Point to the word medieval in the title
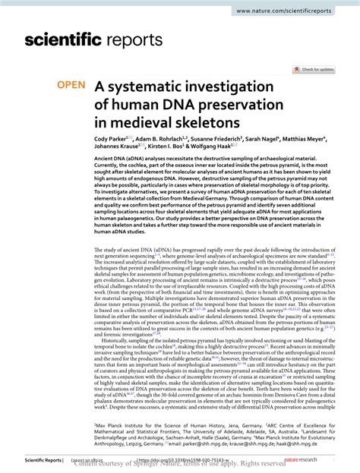click(163, 121)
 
